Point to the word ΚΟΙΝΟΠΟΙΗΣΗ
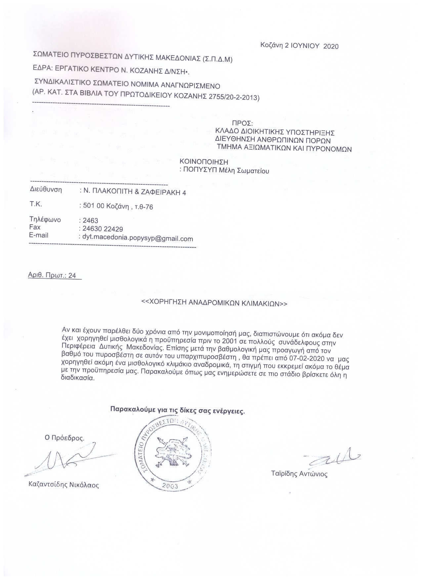[x=204, y=162]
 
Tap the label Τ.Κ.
[x=36, y=204]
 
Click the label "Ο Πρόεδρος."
[x=64, y=438]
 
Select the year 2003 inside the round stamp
[x=170, y=486]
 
